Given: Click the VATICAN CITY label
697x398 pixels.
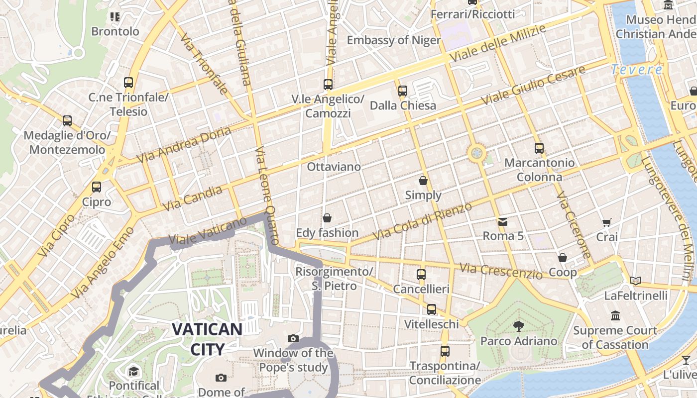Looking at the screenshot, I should click(x=207, y=339).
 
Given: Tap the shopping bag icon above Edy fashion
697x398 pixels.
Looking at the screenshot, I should click(x=327, y=218).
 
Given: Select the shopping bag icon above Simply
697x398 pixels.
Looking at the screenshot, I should click(x=423, y=180).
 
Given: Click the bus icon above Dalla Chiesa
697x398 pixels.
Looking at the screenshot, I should click(x=403, y=91).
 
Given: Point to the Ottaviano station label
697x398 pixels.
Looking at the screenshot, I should click(x=334, y=167).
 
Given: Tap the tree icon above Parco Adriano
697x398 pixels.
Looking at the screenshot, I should click(x=518, y=326).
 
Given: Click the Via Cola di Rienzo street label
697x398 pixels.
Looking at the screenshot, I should click(x=422, y=221).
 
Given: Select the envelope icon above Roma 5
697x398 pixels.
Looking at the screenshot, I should click(x=503, y=221).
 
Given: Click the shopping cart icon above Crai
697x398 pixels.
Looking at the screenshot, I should click(x=606, y=222).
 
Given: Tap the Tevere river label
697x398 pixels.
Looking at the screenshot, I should click(x=637, y=70).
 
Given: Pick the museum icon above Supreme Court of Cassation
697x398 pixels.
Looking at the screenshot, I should click(x=615, y=316).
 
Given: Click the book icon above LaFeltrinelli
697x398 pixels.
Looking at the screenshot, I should click(x=635, y=281).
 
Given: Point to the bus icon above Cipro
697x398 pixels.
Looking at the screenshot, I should click(x=97, y=187).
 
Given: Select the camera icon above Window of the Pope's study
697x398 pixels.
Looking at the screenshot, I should click(x=293, y=339).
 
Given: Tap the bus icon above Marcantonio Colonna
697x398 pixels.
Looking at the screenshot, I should click(x=539, y=148).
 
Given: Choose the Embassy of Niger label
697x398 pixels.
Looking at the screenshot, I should click(x=394, y=40).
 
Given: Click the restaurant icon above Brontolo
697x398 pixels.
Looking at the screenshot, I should click(x=115, y=17).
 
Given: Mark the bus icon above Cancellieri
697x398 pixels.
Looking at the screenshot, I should click(x=421, y=274).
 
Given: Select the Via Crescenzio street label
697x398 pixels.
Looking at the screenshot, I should click(x=501, y=271).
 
